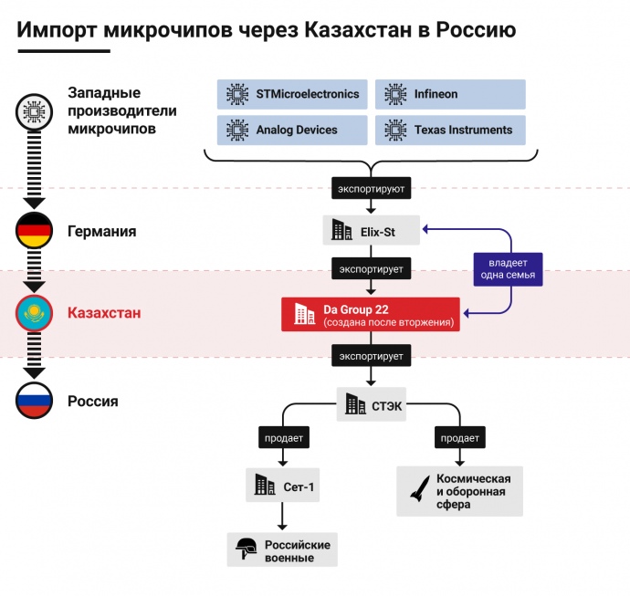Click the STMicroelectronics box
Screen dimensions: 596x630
pyautogui.click(x=293, y=94)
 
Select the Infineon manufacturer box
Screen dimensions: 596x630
pyautogui.click(x=450, y=94)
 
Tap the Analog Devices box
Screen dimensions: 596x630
pyautogui.click(x=293, y=130)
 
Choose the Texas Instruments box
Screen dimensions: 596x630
pyautogui.click(x=450, y=130)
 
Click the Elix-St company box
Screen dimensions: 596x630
pyautogui.click(x=371, y=230)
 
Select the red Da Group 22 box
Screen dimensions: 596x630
pyautogui.click(x=371, y=314)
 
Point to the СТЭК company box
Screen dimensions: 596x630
pyautogui.click(x=371, y=403)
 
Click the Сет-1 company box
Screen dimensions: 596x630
pyautogui.click(x=283, y=486)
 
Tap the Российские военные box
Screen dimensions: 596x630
pyautogui.click(x=282, y=549)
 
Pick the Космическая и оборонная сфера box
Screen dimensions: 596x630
pyautogui.click(x=459, y=491)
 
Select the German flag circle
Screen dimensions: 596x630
pyautogui.click(x=35, y=231)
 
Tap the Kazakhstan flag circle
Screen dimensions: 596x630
pyautogui.click(x=35, y=313)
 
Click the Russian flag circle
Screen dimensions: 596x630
pyautogui.click(x=35, y=401)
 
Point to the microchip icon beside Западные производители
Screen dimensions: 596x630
pyautogui.click(x=35, y=111)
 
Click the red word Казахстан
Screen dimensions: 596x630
pyautogui.click(x=104, y=313)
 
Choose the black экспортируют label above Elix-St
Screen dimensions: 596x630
pyautogui.click(x=371, y=189)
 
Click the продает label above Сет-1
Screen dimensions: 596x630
pyautogui.click(x=283, y=437)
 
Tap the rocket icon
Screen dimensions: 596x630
pyautogui.click(x=415, y=489)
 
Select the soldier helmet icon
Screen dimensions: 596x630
pyautogui.click(x=246, y=549)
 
